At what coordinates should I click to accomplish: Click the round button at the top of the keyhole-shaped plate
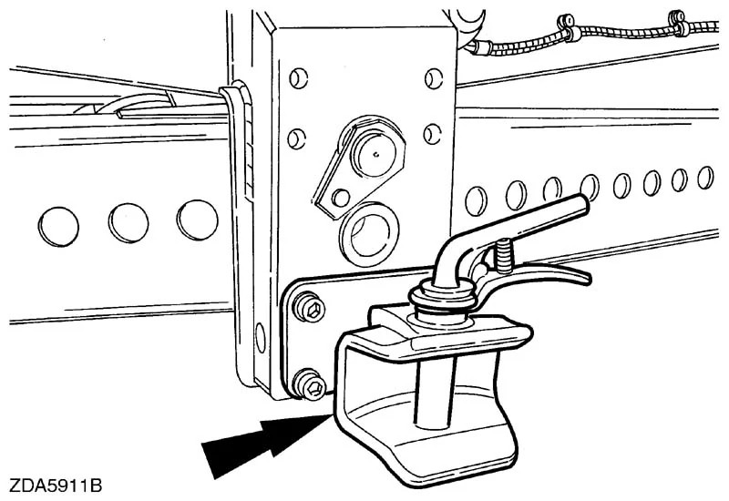tap(375, 152)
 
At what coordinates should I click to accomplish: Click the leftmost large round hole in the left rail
tap(59, 222)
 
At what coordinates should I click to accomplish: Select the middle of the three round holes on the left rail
tap(128, 220)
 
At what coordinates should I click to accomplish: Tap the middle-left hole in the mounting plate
tap(293, 139)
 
